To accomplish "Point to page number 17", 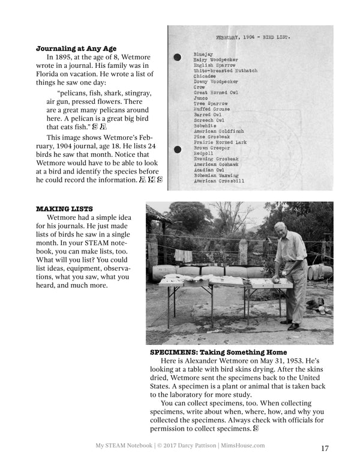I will [325, 448].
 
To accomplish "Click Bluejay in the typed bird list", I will [203, 55].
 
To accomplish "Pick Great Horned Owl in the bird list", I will [216, 92].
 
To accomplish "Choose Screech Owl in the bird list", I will [209, 120].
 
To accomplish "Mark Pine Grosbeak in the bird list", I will [211, 137].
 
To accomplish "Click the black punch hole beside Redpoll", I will [177, 150].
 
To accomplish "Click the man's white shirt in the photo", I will [293, 247].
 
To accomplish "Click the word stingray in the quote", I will [136, 94].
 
